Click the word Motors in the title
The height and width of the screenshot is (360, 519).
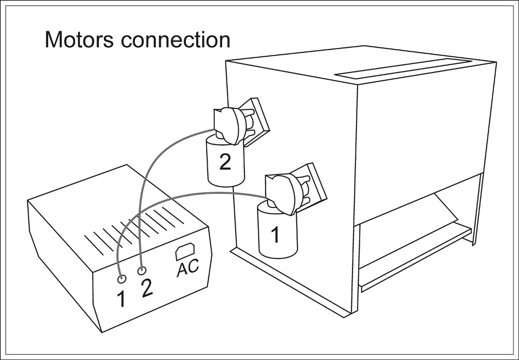click(77, 40)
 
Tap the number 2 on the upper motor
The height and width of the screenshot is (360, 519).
click(225, 162)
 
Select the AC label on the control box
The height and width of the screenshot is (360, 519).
click(187, 269)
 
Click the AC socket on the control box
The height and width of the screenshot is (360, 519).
click(185, 251)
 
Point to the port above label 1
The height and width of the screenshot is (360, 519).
click(121, 279)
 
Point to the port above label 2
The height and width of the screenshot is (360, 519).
click(141, 270)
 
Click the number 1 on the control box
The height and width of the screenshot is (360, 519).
click(121, 299)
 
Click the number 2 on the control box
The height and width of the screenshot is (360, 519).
click(147, 288)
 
